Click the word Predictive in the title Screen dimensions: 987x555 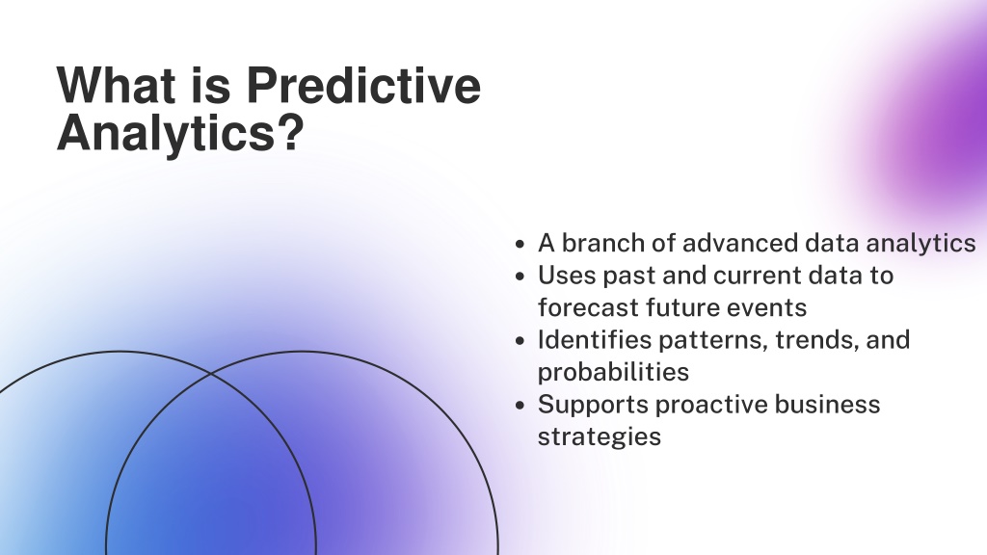(363, 85)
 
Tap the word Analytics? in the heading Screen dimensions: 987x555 (180, 133)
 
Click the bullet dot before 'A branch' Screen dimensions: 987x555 (520, 244)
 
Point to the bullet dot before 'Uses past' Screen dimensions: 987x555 (520, 277)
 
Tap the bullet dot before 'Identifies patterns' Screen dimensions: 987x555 (520, 341)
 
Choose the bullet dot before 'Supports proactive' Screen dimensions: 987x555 (520, 406)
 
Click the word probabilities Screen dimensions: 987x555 (613, 373)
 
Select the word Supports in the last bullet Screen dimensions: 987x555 (593, 405)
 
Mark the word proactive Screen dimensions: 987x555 (711, 405)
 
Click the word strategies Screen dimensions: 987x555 (600, 436)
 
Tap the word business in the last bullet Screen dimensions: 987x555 (827, 405)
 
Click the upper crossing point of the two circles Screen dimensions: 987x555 (211, 374)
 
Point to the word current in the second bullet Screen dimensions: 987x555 (758, 276)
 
